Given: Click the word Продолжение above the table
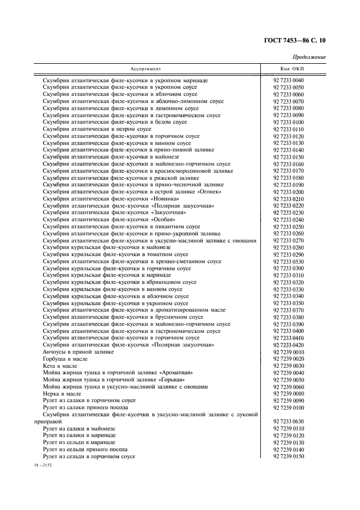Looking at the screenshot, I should pos(309,57).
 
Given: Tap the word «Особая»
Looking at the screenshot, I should pos(163,220).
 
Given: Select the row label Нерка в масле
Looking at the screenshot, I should pos(62,393).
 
